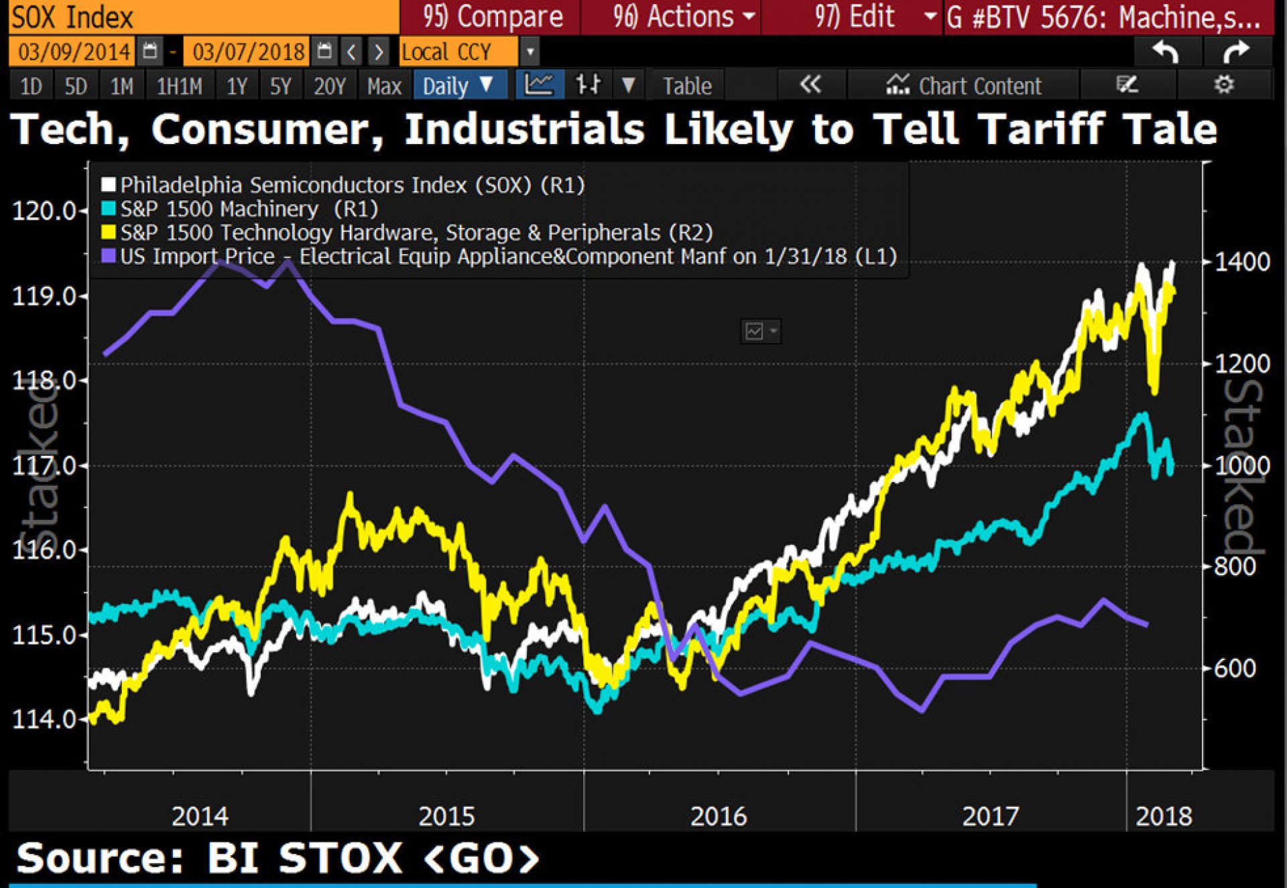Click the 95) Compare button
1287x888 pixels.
[492, 17]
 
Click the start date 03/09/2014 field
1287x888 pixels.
[74, 52]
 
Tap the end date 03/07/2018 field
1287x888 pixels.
[248, 52]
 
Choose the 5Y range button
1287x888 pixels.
[280, 86]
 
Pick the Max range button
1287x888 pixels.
[383, 86]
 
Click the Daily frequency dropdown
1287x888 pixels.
[458, 86]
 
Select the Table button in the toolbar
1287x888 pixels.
[686, 86]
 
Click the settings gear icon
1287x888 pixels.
[1224, 85]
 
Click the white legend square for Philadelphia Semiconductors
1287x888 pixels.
[109, 184]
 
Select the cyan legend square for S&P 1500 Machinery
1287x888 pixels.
[109, 208]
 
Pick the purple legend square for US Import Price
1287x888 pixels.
[109, 256]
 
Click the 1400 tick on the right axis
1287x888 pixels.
[1241, 261]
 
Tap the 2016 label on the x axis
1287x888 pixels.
[719, 816]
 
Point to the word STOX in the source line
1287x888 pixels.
[340, 859]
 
